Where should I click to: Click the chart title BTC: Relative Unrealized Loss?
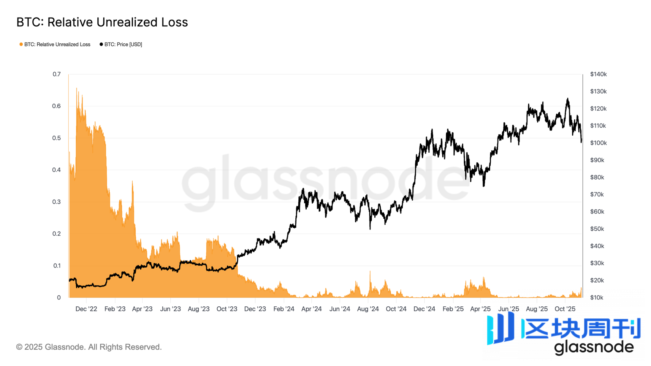102,22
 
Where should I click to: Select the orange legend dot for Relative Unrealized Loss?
21,44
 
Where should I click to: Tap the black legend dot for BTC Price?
101,44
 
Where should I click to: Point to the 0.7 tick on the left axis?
57,74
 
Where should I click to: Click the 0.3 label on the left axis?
57,202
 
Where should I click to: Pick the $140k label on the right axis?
598,74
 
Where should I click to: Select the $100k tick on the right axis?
598,143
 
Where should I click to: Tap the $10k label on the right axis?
596,298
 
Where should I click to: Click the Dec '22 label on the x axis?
86,309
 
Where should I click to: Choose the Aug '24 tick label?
368,309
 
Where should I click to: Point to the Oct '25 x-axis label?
565,309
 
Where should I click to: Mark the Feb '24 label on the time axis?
284,309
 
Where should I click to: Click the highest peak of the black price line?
568,99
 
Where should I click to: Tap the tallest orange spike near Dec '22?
77,89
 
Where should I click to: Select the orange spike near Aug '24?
370,272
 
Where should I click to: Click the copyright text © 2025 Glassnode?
89,347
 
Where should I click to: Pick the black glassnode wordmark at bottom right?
594,347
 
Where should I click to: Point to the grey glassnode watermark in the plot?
325,181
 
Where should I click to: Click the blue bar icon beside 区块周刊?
500,328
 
